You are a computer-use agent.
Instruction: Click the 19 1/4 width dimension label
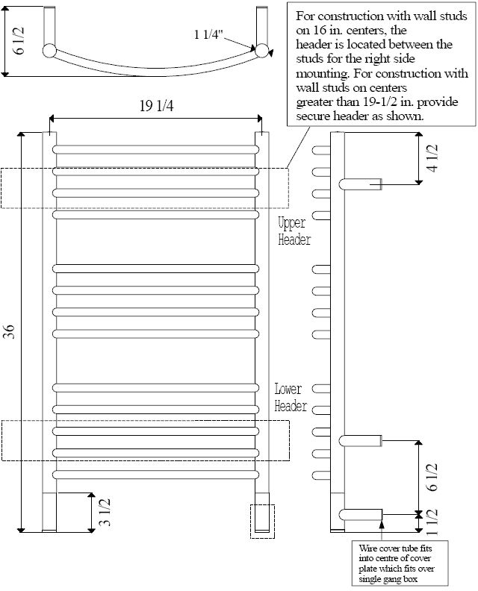tap(155, 107)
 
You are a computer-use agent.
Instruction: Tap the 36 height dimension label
tap(9, 332)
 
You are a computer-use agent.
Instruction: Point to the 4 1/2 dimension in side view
tap(432, 160)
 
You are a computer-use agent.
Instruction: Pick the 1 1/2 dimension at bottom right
tap(432, 522)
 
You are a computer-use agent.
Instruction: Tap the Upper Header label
tap(294, 231)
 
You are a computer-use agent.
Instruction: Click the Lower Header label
tap(291, 398)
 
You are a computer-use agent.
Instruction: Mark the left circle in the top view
tap(49, 51)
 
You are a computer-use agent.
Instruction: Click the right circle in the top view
tap(262, 51)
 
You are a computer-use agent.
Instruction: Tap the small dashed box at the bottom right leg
tap(262, 521)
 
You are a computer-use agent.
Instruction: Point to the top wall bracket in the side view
tap(362, 184)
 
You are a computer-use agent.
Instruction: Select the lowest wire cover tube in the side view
tap(362, 513)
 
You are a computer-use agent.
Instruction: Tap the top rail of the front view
tap(155, 149)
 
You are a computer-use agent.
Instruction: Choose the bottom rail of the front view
tap(155, 475)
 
